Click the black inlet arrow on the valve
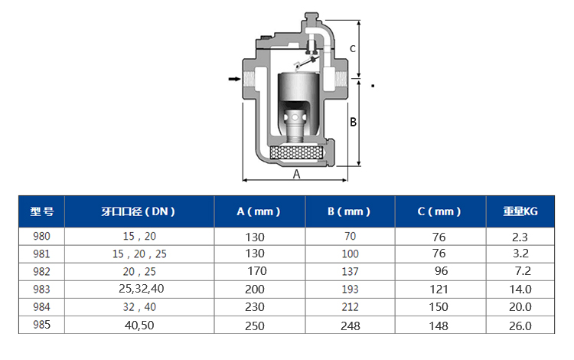click(x=234, y=79)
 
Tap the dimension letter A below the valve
click(x=296, y=175)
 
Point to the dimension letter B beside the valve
click(x=353, y=122)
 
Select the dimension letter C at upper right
click(x=353, y=49)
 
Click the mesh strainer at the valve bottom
click(x=296, y=152)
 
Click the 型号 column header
click(x=42, y=211)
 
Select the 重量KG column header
click(x=520, y=211)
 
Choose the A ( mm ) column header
click(x=259, y=211)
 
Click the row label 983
click(x=41, y=290)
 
